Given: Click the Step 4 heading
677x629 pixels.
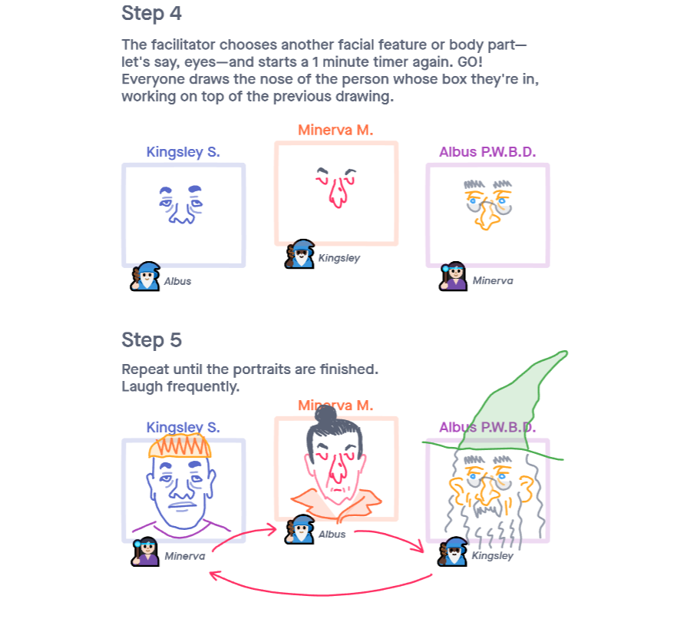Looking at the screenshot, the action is [151, 13].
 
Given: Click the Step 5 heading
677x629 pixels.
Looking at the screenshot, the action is [151, 340].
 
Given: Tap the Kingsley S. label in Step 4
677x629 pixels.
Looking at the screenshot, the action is [183, 152].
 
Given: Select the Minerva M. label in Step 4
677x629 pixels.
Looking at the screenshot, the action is [335, 130].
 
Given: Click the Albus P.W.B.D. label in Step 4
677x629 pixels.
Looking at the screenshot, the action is [487, 152].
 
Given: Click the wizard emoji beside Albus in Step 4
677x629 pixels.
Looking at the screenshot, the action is [145, 276].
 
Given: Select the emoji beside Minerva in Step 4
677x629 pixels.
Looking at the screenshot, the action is [454, 276].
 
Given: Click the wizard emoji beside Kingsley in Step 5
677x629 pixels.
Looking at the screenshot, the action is [453, 551].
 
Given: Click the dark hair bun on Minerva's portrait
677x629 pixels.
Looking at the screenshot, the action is [326, 416].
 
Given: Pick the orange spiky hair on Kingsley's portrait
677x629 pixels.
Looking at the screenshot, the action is [180, 445].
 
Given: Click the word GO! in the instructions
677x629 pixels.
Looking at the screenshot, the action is [470, 61].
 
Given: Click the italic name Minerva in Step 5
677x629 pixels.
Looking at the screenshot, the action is [185, 556].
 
